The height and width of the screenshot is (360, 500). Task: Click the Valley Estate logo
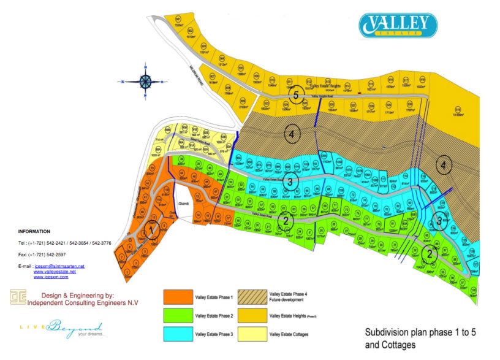[x=398, y=25]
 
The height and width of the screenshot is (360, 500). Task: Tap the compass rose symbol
[x=146, y=81]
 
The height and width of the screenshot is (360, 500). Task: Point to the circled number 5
[x=296, y=96]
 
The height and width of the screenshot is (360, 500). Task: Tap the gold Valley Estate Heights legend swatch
[x=252, y=315]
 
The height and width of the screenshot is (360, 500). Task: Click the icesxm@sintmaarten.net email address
[x=59, y=266]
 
